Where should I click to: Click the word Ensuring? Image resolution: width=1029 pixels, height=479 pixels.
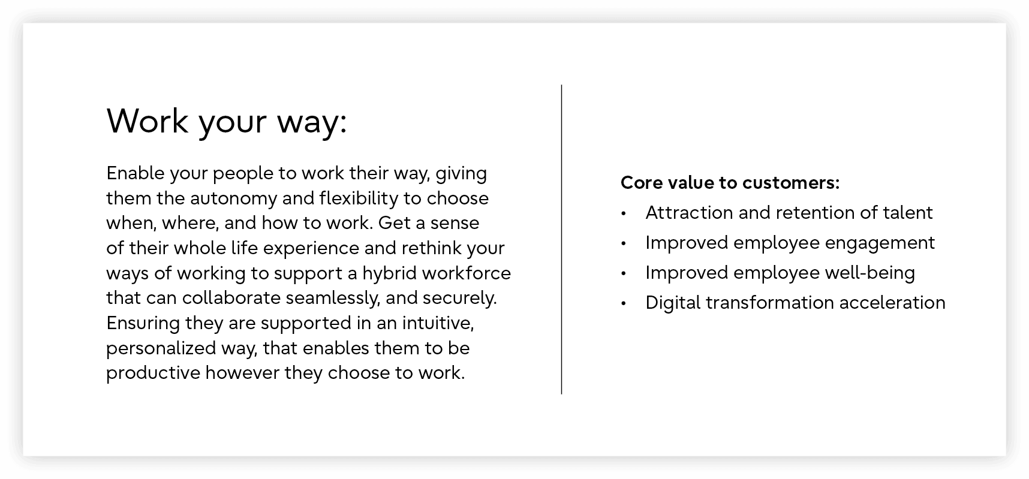[x=143, y=324]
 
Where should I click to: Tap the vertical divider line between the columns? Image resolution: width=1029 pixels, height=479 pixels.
[x=561, y=239]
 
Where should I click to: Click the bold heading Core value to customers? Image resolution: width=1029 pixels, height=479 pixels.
[x=730, y=182]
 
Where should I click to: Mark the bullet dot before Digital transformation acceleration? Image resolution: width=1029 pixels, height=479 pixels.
[x=624, y=303]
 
